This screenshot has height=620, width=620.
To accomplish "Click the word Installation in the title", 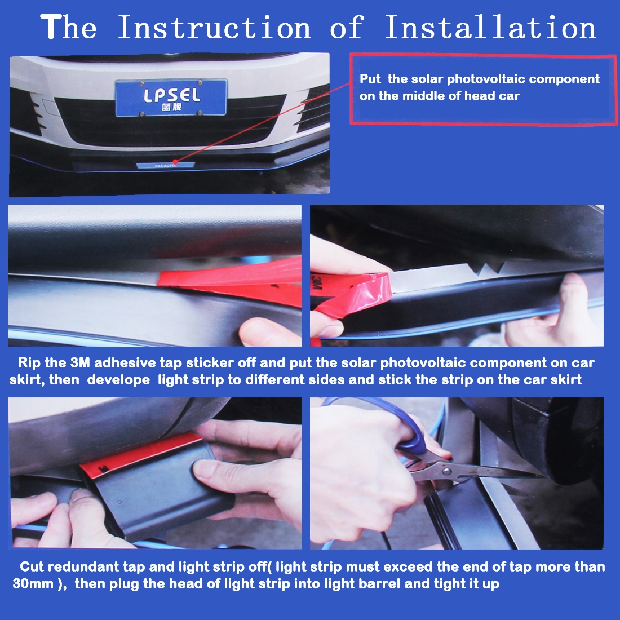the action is (490, 27).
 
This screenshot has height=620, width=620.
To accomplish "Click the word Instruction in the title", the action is (215, 27).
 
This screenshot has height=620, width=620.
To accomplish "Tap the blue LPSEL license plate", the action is (171, 98).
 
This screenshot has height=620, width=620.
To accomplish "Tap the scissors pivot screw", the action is (446, 471).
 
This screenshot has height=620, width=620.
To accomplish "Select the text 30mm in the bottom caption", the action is (33, 583).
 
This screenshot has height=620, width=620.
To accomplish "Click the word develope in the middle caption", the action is (118, 380).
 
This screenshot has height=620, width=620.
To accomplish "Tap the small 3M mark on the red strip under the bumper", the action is (104, 470).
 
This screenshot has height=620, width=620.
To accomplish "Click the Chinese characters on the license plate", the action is (171, 108).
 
